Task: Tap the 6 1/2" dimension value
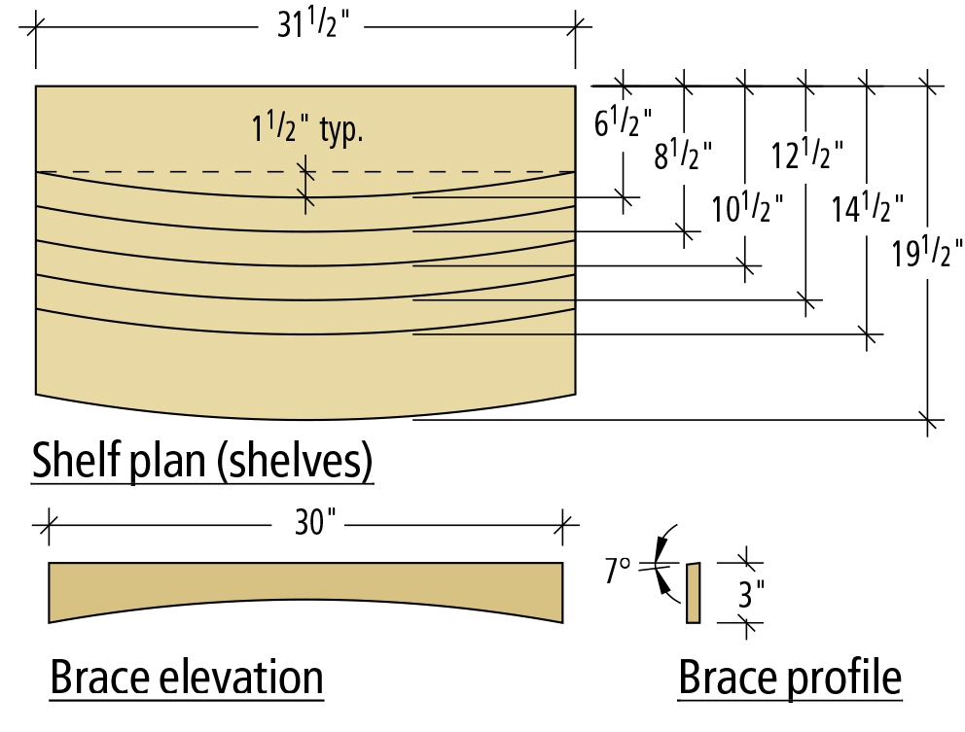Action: pos(617,122)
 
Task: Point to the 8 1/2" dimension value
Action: pos(682,153)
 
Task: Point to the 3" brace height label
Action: pos(749,593)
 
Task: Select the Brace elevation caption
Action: pos(186,678)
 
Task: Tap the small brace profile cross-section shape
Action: pos(693,593)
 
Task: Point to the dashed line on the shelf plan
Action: pos(195,172)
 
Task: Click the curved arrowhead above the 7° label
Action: pos(663,534)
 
